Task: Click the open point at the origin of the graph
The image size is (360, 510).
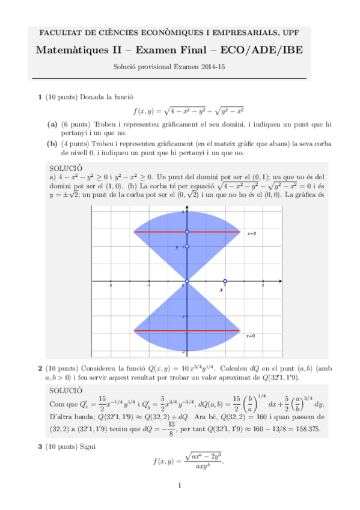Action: [x=188, y=281]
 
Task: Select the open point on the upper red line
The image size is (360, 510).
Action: [x=188, y=232]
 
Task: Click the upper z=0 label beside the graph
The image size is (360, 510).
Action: [x=251, y=233]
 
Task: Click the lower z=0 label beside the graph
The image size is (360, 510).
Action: [x=251, y=336]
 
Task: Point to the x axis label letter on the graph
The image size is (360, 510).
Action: [x=221, y=290]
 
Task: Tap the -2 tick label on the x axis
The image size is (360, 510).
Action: [x=110, y=286]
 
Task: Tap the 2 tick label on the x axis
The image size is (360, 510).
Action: [x=263, y=286]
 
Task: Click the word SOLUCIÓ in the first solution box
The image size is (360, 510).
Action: [x=67, y=169]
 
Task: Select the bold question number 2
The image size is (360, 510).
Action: [x=40, y=368]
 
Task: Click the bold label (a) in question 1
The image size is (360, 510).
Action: [x=52, y=124]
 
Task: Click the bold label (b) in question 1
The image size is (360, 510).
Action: [x=52, y=144]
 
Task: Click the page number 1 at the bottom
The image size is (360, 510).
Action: [x=180, y=486]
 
